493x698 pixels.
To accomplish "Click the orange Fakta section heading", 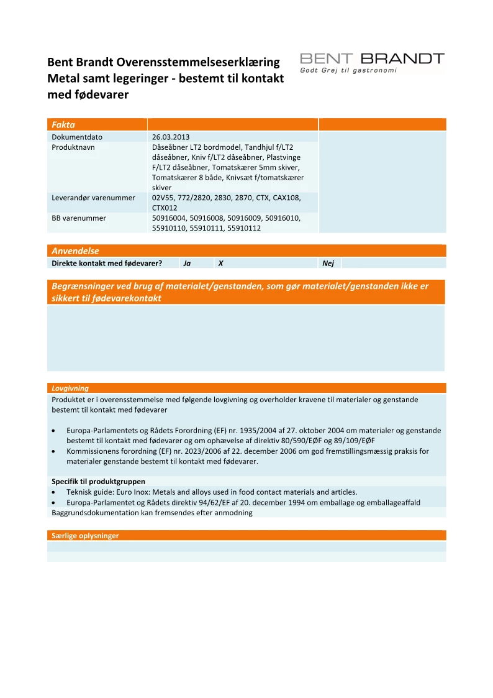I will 63,125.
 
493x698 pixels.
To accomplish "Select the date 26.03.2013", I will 171,137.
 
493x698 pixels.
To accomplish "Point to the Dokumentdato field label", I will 77,137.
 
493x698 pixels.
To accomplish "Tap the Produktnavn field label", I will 73,147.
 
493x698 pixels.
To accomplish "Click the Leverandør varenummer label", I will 93,198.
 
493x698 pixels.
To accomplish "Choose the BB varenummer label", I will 79,218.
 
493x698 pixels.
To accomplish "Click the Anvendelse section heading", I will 75,251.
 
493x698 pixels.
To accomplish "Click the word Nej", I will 328,264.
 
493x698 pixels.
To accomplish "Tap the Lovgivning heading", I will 70,388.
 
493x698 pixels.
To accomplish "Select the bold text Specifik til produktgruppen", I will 98,482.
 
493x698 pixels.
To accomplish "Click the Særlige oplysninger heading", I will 85,535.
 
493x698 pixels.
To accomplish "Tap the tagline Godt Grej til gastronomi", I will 348,70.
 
